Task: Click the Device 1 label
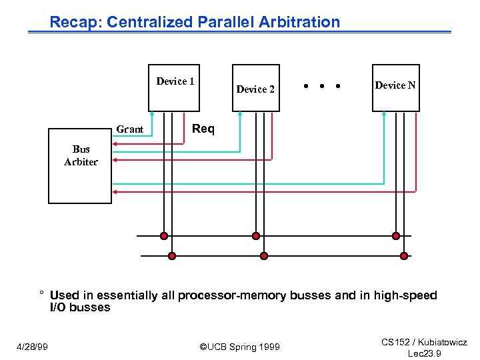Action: [x=175, y=81]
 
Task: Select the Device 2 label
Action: [x=255, y=89]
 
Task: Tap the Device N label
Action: [x=395, y=85]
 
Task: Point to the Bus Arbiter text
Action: [x=81, y=155]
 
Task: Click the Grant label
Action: [x=129, y=129]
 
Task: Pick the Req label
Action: [x=203, y=129]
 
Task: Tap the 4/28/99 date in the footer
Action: [x=33, y=347]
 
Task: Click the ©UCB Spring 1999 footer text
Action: [x=240, y=347]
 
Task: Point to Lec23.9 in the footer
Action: [x=424, y=353]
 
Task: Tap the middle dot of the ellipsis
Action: [x=322, y=86]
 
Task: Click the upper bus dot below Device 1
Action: [x=163, y=235]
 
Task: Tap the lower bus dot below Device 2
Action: [x=263, y=255]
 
